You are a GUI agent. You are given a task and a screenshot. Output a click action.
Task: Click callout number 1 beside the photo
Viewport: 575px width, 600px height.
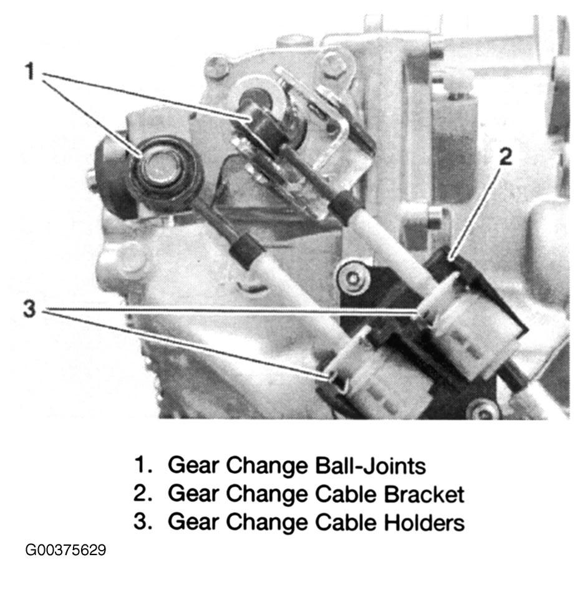29,72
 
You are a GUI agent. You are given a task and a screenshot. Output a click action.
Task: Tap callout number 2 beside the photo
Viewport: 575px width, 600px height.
505,157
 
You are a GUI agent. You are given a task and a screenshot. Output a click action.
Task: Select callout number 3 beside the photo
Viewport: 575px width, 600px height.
29,308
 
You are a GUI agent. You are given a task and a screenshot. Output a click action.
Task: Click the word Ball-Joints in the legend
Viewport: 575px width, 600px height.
370,466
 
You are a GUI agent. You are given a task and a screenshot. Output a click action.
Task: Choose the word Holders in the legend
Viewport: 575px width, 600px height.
424,522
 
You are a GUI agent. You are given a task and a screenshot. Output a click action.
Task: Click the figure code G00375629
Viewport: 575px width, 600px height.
65,550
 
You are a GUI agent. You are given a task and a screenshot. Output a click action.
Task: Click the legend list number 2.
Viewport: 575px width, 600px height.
143,493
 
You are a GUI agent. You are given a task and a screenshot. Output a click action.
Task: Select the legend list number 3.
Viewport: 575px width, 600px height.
143,522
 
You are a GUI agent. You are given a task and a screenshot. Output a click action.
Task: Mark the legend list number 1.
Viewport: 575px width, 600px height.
143,466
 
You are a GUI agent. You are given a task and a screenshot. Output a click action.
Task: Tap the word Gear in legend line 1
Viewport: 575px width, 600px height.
193,466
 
